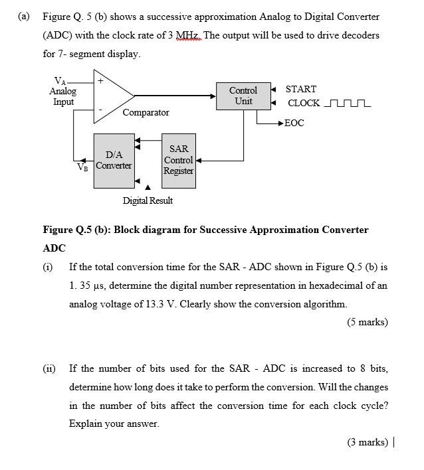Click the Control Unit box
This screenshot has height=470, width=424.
[243, 96]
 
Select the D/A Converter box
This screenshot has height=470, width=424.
[114, 160]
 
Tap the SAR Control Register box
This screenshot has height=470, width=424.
[179, 160]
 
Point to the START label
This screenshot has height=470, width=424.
[300, 89]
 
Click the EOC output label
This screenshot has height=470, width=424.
[294, 123]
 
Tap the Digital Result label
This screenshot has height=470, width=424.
[148, 200]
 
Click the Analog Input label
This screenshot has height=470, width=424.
[63, 96]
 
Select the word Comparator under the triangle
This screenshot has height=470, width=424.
[146, 113]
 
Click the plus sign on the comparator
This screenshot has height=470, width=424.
[100, 80]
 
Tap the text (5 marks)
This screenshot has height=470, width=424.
[367, 323]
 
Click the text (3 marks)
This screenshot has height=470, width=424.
[367, 442]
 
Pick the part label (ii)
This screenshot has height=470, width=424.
[49, 368]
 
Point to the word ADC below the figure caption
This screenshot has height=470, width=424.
[54, 248]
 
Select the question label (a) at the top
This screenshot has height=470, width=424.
[25, 17]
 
